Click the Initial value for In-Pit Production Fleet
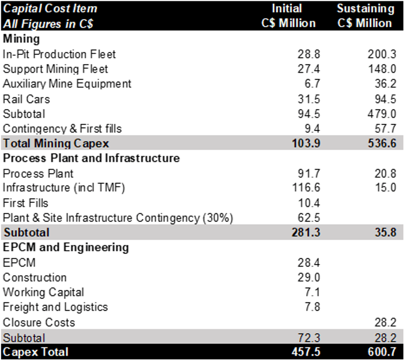(308, 54)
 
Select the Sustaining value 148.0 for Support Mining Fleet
(382, 69)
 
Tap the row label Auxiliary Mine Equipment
(67, 84)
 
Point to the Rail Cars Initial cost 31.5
(308, 99)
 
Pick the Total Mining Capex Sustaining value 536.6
(382, 144)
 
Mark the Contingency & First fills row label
(62, 129)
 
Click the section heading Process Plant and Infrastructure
(91, 158)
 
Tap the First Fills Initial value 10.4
(308, 203)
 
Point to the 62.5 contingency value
(308, 218)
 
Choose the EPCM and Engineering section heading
(66, 247)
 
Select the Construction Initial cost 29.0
(308, 277)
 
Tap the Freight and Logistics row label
(55, 307)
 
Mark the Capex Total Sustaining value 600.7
(382, 352)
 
